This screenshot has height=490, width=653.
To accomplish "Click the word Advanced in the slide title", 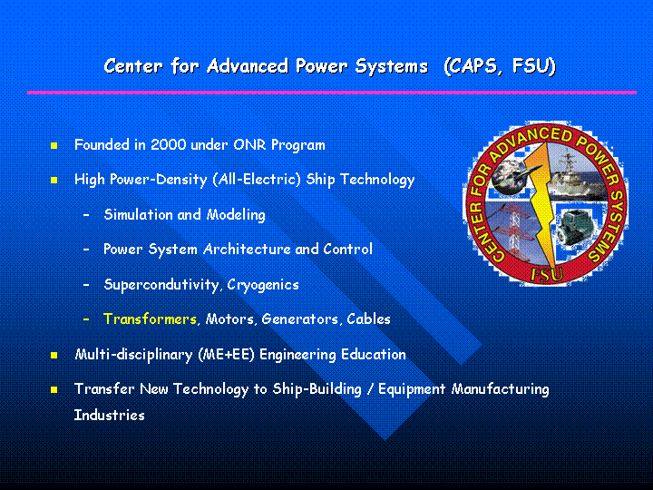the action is pyautogui.click(x=248, y=66).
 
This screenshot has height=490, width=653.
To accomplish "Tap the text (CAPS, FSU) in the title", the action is pyautogui.click(x=500, y=66).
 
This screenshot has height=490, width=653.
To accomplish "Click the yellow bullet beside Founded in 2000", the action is pyautogui.click(x=54, y=145).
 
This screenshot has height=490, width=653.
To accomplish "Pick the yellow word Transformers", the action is pyautogui.click(x=150, y=318).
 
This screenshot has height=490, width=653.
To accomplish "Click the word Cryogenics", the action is pyautogui.click(x=263, y=285).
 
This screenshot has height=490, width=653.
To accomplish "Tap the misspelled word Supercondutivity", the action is pyautogui.click(x=161, y=285).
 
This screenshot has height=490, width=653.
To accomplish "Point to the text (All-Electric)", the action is pyautogui.click(x=257, y=180).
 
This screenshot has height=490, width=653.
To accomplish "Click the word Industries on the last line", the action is pyautogui.click(x=109, y=415).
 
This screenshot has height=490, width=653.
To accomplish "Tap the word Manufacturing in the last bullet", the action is pyautogui.click(x=500, y=389).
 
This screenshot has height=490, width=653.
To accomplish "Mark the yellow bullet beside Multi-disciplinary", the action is pyautogui.click(x=54, y=356).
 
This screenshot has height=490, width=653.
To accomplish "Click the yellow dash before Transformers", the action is pyautogui.click(x=86, y=319).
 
